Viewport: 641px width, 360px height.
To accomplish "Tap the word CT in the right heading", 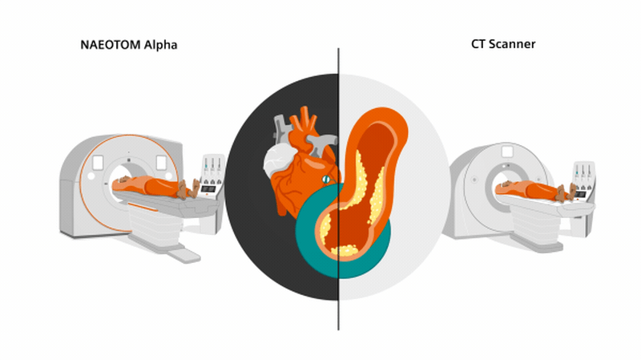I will pos(480,45).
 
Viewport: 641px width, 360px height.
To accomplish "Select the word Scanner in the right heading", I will pos(514,45).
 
